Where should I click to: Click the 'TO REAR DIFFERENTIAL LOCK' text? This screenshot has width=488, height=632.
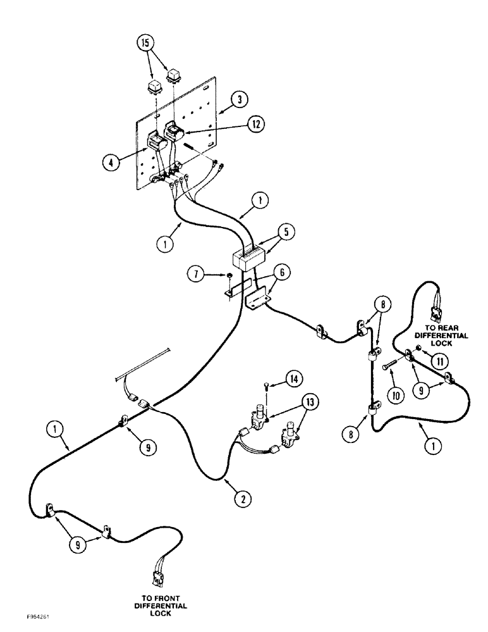pos(446,340)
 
